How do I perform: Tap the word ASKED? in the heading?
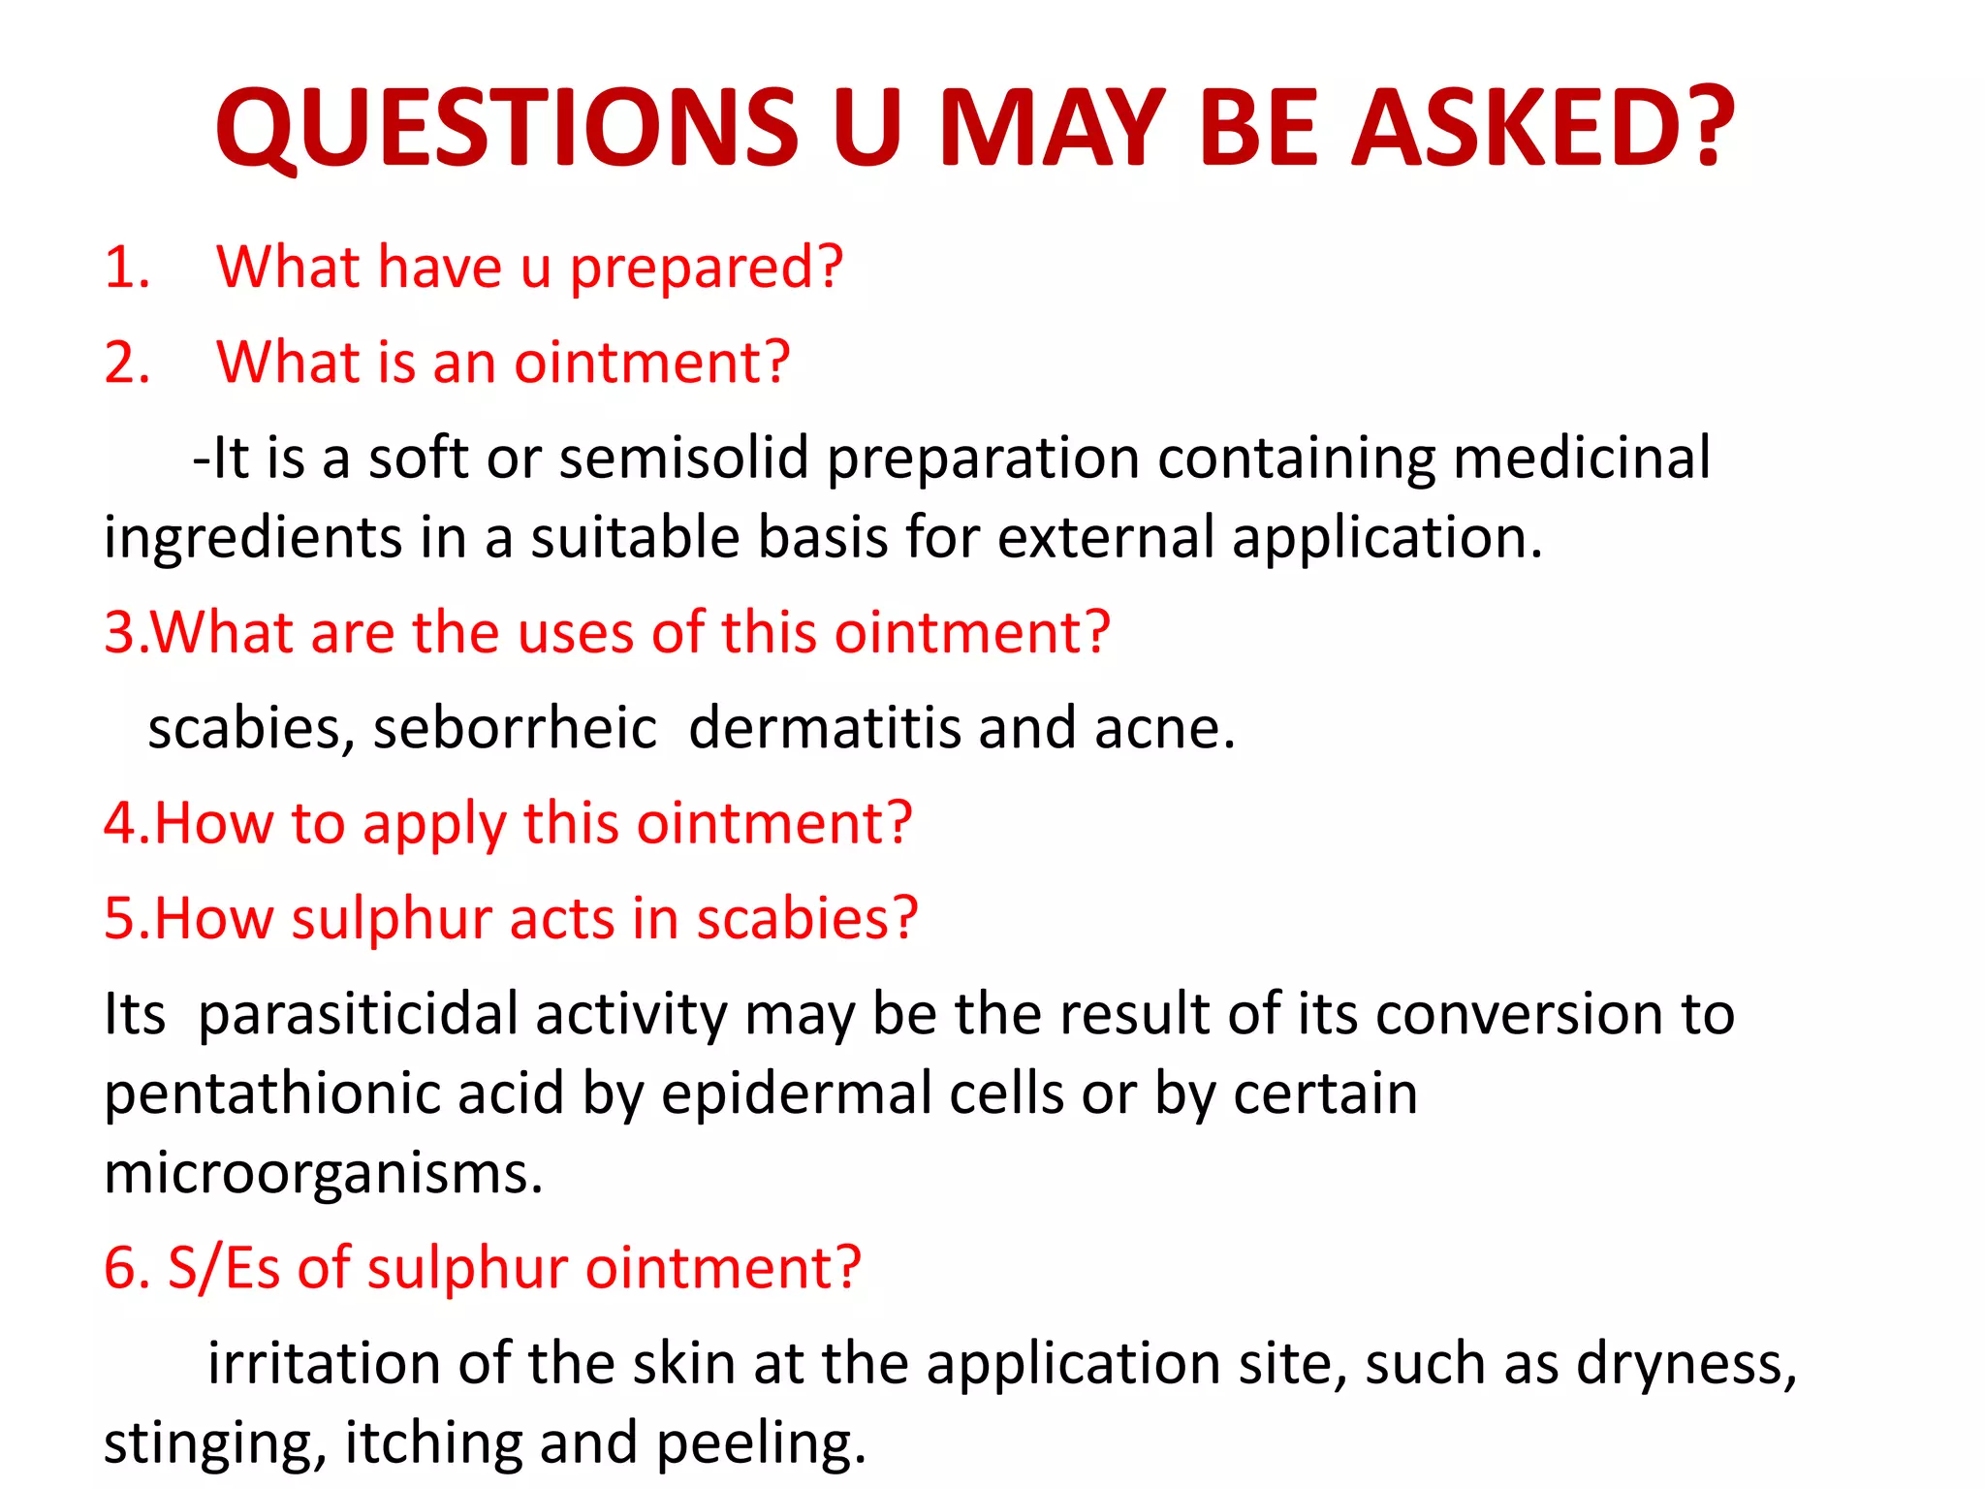1543,128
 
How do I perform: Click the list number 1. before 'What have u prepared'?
127,268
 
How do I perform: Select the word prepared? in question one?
706,269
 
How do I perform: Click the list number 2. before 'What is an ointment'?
127,364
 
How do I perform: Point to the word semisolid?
683,459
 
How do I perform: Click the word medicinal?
1582,459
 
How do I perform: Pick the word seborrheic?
515,728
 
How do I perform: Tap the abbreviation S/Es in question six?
224,1268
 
